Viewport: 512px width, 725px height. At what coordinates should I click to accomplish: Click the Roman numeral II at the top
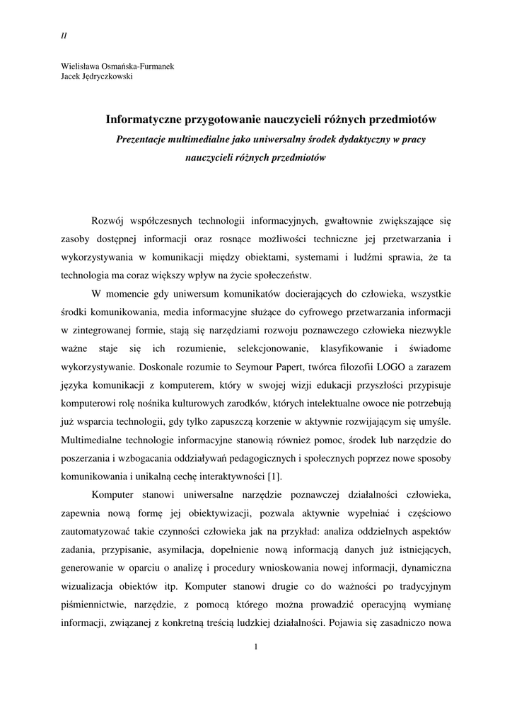(x=64, y=35)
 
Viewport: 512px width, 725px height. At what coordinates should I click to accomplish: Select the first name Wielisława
(x=81, y=67)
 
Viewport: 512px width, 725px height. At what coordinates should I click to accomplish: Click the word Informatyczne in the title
(x=144, y=120)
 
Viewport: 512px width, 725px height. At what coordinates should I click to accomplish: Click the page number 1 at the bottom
(x=256, y=646)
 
